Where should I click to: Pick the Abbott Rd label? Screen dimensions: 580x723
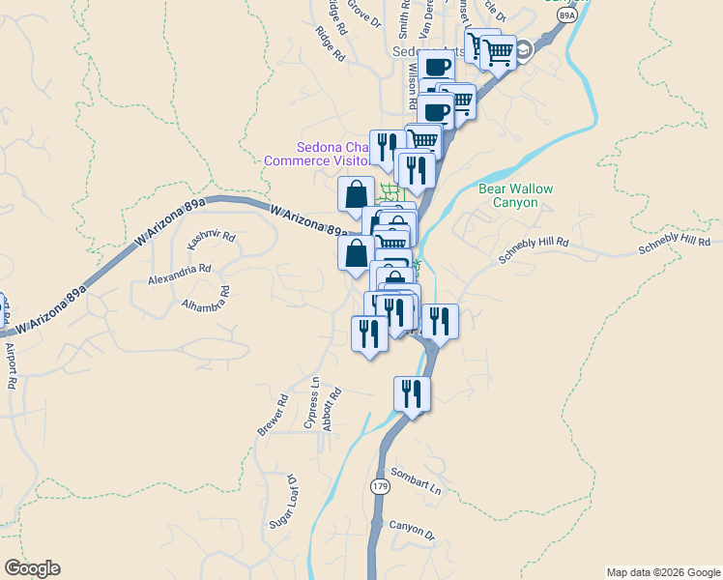click(333, 407)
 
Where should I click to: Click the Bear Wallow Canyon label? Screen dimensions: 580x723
click(516, 195)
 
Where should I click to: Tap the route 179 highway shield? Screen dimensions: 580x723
click(380, 486)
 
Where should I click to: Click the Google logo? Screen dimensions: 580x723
click(32, 568)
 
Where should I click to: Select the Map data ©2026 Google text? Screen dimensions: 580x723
click(663, 572)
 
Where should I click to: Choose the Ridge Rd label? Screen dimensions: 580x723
click(330, 44)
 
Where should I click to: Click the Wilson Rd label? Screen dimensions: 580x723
click(412, 85)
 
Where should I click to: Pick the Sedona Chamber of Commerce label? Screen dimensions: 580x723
click(317, 155)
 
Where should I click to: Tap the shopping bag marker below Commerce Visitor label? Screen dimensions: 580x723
click(356, 191)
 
